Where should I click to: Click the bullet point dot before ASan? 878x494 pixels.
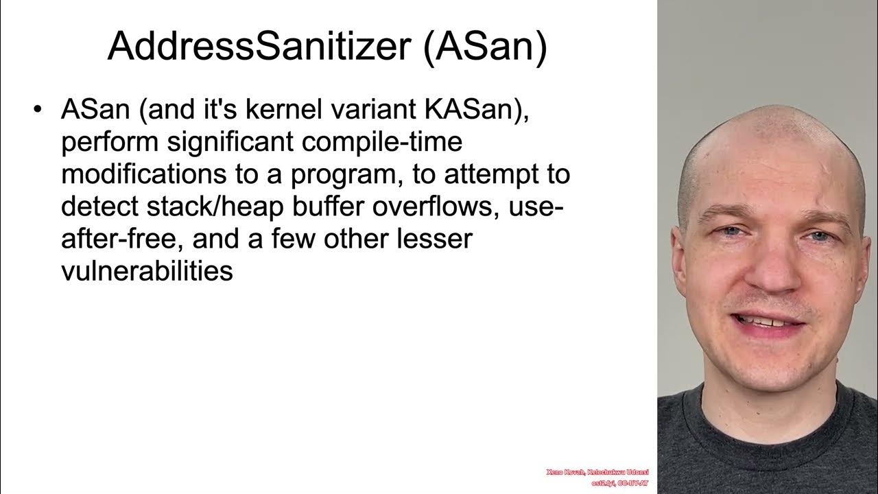38,110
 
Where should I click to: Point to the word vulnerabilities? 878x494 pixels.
147,271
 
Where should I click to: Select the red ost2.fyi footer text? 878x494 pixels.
593,483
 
